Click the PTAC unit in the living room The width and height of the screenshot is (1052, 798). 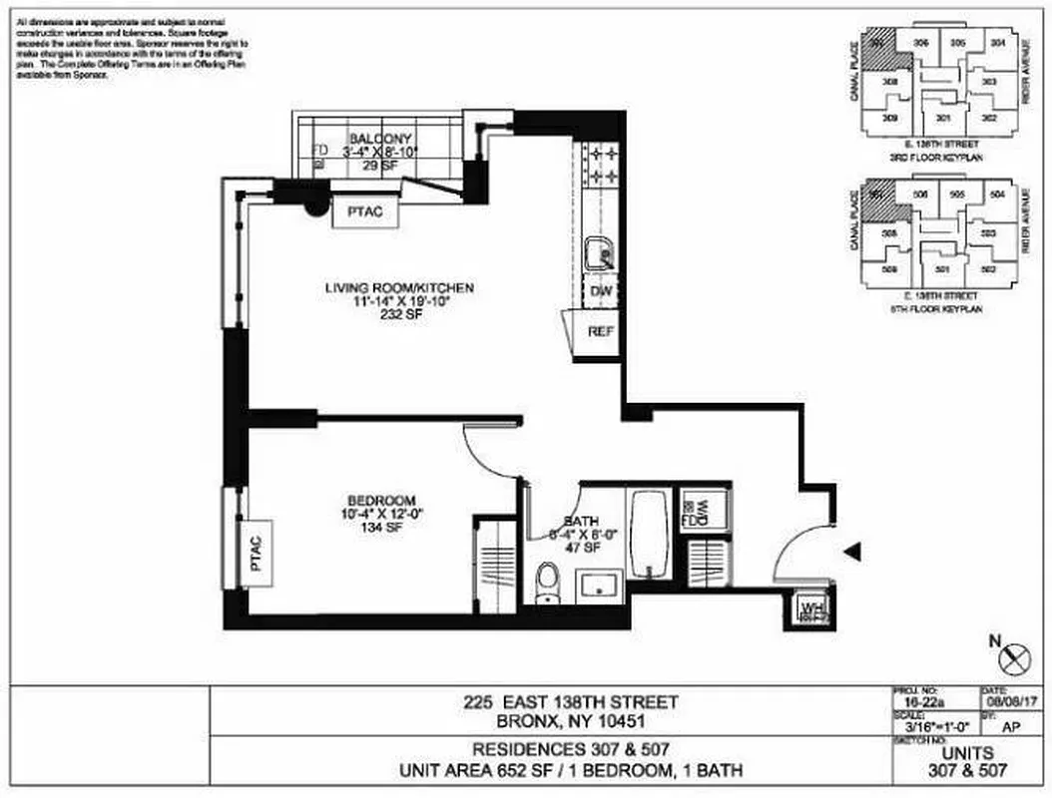click(x=358, y=211)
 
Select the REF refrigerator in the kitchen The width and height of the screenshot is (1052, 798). click(x=599, y=332)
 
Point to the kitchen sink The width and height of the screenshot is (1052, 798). click(x=599, y=253)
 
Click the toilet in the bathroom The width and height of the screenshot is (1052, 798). click(x=548, y=583)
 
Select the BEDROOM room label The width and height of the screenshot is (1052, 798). click(x=380, y=500)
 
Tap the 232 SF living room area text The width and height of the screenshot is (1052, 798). click(x=398, y=314)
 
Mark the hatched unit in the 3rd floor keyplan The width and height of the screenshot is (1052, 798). click(x=877, y=49)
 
